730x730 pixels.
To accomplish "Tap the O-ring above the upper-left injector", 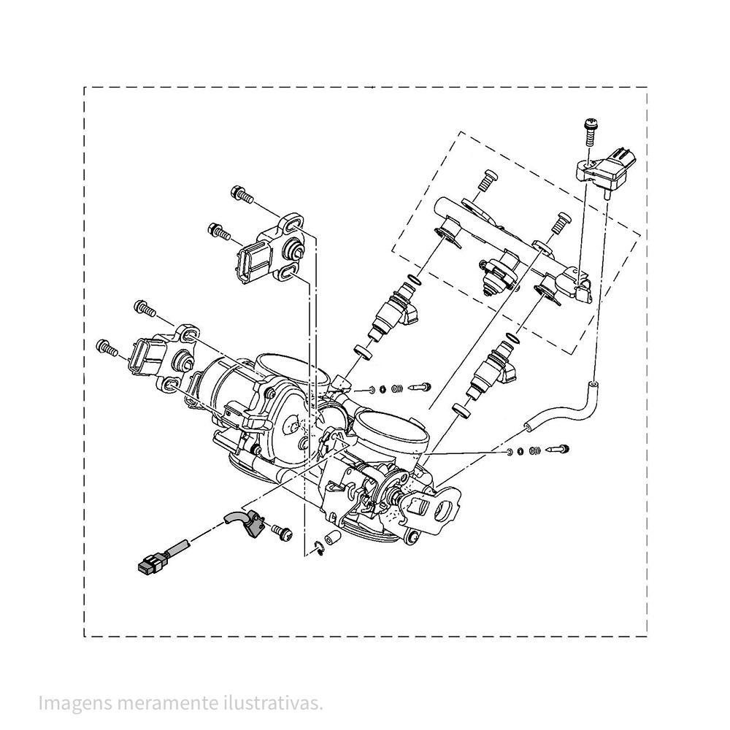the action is pos(413,280).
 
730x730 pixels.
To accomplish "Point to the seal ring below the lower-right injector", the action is pos(461,410).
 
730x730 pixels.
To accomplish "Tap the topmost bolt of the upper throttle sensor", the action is pos(242,194).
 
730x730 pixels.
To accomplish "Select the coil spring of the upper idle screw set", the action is pos(397,388).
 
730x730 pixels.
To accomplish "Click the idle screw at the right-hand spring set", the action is pos(558,449).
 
